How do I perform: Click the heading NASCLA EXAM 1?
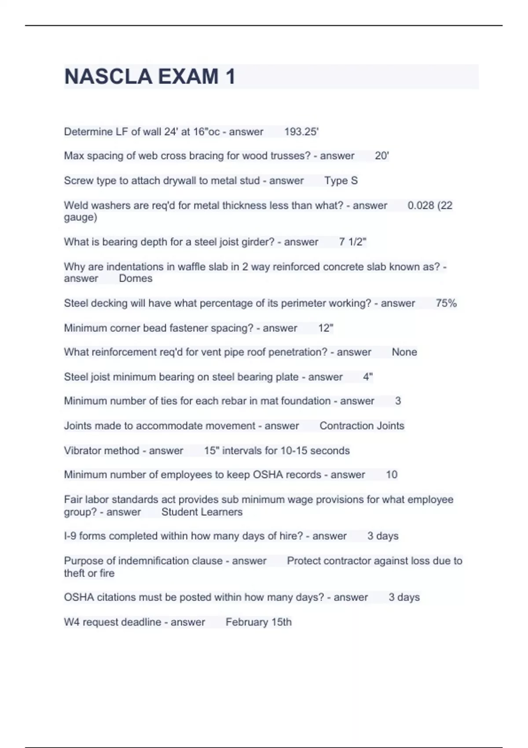point(150,77)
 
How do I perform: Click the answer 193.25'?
point(301,132)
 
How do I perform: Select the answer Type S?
point(341,180)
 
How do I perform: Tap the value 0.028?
point(421,205)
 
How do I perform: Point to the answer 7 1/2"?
point(352,242)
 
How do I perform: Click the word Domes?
point(136,279)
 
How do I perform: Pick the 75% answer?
point(446,303)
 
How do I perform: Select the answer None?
point(404,352)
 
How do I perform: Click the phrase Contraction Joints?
point(362,426)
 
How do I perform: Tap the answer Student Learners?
point(202,512)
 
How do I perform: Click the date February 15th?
point(259,622)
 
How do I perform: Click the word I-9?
point(70,536)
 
